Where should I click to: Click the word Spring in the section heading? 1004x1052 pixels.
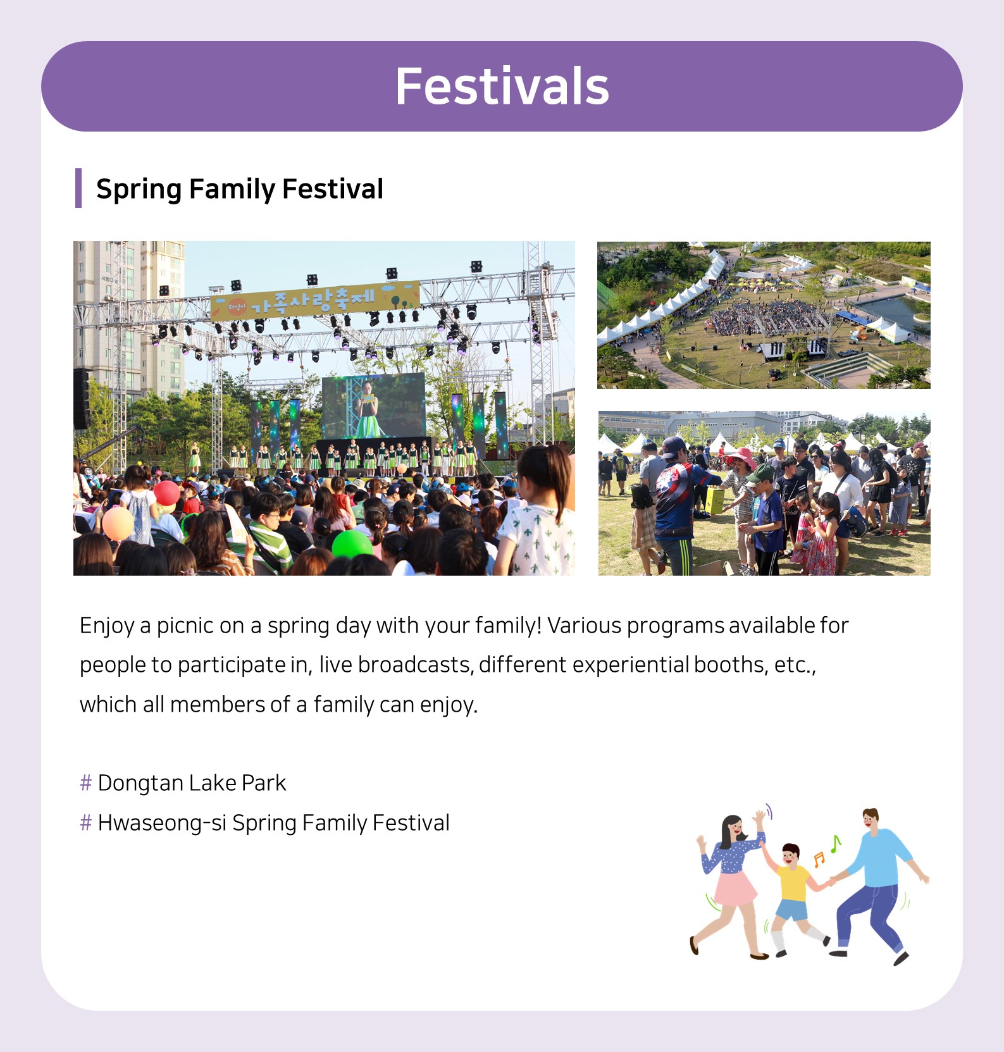(x=139, y=189)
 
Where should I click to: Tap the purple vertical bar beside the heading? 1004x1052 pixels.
(x=78, y=188)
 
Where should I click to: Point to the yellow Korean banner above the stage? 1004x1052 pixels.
(x=315, y=300)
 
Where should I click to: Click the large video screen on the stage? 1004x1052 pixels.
(x=373, y=405)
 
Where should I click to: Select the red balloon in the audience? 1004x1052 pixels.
(x=166, y=493)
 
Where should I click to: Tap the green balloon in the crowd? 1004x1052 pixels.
(x=352, y=544)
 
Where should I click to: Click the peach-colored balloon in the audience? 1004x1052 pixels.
(x=118, y=523)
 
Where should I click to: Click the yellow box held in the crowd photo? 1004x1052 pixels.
(x=715, y=500)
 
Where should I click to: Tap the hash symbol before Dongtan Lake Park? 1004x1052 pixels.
(x=86, y=783)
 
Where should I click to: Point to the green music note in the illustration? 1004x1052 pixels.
(x=836, y=844)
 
